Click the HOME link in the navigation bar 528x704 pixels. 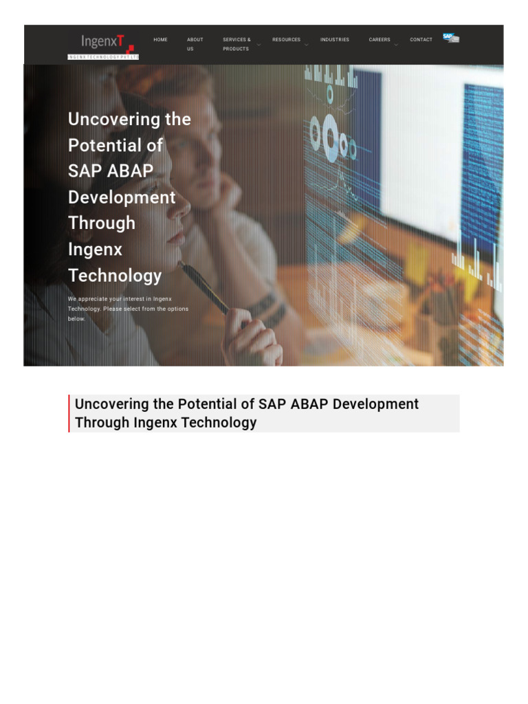click(x=160, y=40)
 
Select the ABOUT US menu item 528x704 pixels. click(x=195, y=44)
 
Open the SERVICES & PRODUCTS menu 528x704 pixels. click(x=236, y=44)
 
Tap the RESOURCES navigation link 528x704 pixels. click(x=286, y=40)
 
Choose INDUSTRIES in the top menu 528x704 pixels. click(x=335, y=40)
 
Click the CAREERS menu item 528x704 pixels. click(x=379, y=40)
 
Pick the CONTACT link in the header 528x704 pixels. click(x=421, y=40)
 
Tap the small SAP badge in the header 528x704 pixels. click(x=450, y=38)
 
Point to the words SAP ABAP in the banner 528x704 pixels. click(x=110, y=171)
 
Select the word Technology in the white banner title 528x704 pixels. click(x=115, y=276)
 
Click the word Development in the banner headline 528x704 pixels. click(x=122, y=197)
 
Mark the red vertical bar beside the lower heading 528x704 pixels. click(x=69, y=413)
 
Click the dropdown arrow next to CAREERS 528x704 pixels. click(x=396, y=45)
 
